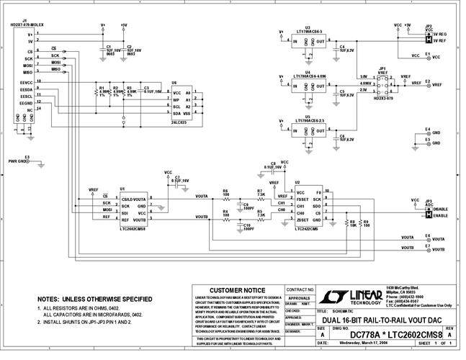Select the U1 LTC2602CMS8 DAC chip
click(133, 207)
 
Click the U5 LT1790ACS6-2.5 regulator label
click(308, 120)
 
